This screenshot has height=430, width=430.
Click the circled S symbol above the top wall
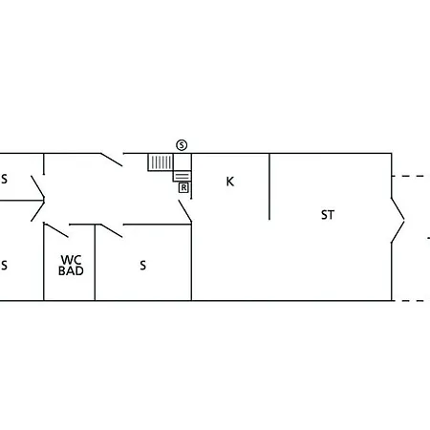[182, 145]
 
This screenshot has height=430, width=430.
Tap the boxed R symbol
[183, 187]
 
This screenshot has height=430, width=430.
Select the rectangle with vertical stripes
[161, 162]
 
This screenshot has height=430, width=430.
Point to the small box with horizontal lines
[183, 176]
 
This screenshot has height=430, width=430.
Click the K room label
[230, 182]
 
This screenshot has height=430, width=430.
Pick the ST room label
[328, 215]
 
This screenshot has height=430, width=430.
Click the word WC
[71, 260]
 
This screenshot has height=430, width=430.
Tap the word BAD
[71, 270]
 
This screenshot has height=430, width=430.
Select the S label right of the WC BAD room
[143, 266]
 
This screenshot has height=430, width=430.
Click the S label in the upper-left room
[4, 179]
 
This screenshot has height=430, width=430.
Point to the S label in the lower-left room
[4, 266]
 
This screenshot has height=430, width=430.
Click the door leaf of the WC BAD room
[56, 230]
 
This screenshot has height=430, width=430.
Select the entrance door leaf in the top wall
[112, 160]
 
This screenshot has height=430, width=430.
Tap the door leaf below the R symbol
[185, 211]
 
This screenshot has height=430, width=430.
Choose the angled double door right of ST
[398, 220]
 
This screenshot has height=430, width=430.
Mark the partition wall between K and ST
[269, 186]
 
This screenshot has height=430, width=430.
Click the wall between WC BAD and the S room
[95, 263]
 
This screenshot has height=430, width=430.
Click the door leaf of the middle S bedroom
[112, 230]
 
